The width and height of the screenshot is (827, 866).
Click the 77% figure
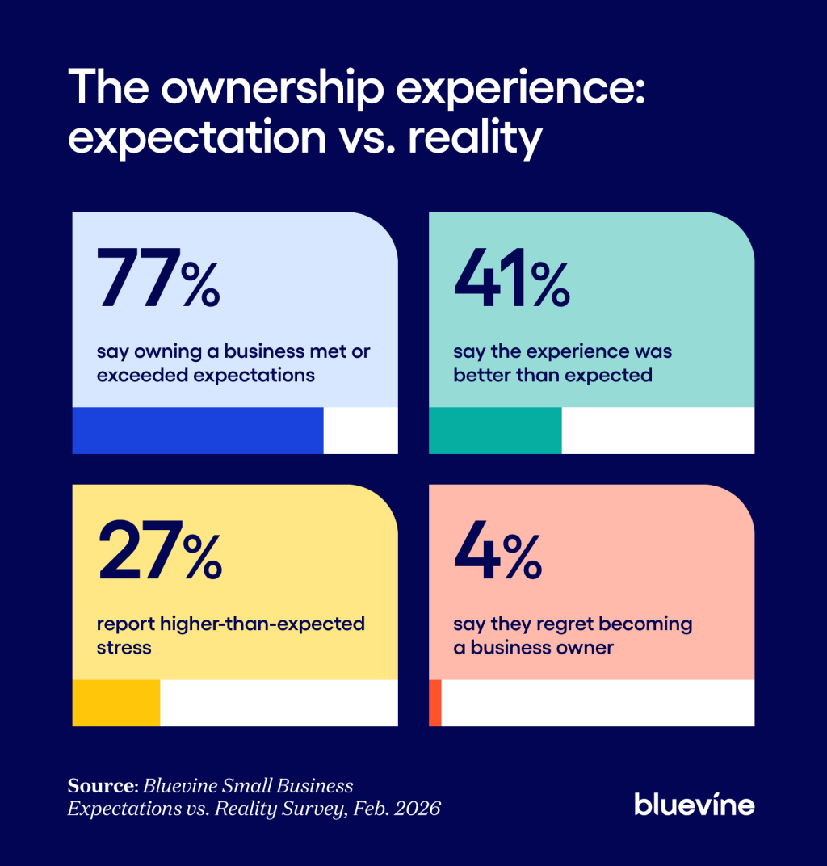[x=158, y=279]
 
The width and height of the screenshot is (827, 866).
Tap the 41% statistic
[x=512, y=279]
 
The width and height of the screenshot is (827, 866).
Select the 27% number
[x=160, y=551]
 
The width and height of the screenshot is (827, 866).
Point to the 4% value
[x=497, y=551]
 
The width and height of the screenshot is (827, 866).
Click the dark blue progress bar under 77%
[x=198, y=431]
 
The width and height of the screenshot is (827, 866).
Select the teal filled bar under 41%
[x=495, y=431]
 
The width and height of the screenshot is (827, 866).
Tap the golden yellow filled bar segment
[x=116, y=703]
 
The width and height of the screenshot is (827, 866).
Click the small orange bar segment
[x=435, y=703]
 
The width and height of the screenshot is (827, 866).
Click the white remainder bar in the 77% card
[x=360, y=431]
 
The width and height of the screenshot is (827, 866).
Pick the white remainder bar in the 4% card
[x=598, y=703]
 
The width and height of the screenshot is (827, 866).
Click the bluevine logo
[x=694, y=804]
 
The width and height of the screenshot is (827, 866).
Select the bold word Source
[x=99, y=786]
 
